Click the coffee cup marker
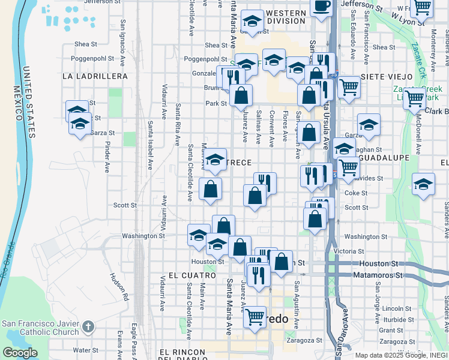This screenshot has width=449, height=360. point(321,6)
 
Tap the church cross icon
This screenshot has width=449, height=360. point(88,327)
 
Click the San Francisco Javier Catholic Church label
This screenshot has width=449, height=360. point(41,327)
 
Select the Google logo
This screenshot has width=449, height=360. point(20,353)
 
